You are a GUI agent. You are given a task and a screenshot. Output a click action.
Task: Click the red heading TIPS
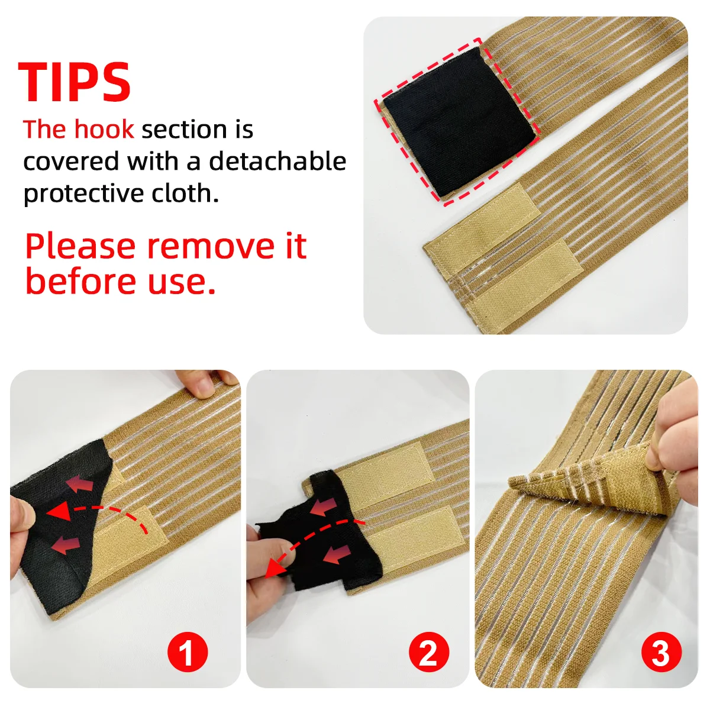(x=75, y=82)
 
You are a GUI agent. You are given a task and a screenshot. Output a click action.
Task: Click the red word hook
(x=104, y=130)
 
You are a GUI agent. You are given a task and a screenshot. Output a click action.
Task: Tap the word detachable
(x=278, y=161)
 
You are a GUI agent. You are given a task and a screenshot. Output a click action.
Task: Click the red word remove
(x=211, y=247)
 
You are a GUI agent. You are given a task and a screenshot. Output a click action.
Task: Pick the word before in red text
(x=81, y=282)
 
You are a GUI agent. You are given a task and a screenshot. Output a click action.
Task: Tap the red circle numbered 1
(x=188, y=652)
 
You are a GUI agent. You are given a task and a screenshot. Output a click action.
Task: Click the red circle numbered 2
(x=429, y=652)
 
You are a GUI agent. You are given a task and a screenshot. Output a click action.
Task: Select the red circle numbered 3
(x=661, y=652)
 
